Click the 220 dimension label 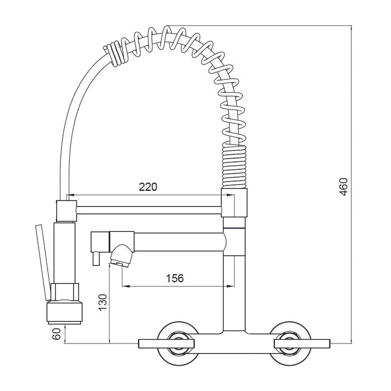point(148,187)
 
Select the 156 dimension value point(175,278)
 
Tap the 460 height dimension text point(344,187)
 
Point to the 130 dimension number point(102,302)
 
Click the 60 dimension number point(56,334)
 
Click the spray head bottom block point(65,312)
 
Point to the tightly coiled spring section point(234,166)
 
